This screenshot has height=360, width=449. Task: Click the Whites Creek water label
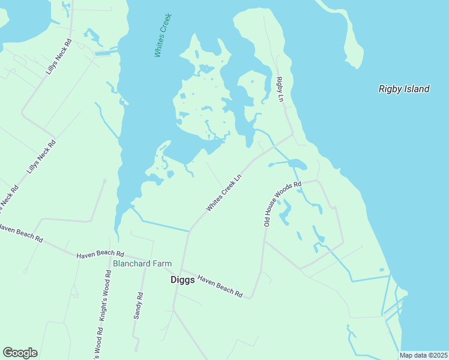(163, 35)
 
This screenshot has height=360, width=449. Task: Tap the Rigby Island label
(404, 89)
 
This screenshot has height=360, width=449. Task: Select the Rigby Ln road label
(279, 89)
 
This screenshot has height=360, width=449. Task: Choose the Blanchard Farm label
(142, 263)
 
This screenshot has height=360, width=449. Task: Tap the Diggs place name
(182, 280)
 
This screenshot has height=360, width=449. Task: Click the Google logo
(20, 353)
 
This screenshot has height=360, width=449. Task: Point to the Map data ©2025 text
(423, 355)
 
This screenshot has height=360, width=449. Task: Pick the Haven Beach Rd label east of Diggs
(220, 287)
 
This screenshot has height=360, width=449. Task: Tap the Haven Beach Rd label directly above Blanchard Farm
(100, 254)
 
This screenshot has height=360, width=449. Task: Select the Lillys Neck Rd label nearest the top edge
(58, 57)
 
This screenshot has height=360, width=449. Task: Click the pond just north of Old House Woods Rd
(297, 163)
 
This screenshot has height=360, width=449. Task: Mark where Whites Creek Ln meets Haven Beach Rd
(187, 232)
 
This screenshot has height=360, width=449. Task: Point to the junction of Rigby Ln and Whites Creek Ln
(292, 134)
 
